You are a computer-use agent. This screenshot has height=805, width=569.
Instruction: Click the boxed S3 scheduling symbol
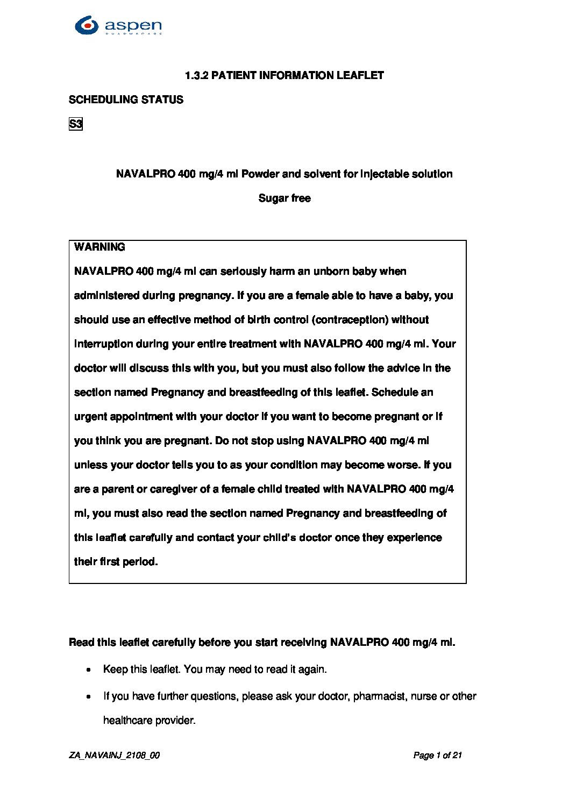[76, 124]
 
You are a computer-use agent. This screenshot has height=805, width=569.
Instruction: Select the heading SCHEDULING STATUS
[126, 99]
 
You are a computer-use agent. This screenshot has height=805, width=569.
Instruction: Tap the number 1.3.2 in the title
[196, 75]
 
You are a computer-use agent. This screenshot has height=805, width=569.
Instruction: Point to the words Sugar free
[284, 198]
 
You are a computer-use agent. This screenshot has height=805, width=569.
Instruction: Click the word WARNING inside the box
[99, 247]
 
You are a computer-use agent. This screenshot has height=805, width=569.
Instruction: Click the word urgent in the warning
[90, 417]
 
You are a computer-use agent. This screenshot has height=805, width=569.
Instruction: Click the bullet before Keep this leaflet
[89, 670]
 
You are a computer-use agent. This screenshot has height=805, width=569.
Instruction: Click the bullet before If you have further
[89, 697]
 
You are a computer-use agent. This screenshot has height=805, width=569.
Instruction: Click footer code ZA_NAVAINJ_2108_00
[114, 756]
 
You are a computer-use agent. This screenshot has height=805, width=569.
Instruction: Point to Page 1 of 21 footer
[437, 756]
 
